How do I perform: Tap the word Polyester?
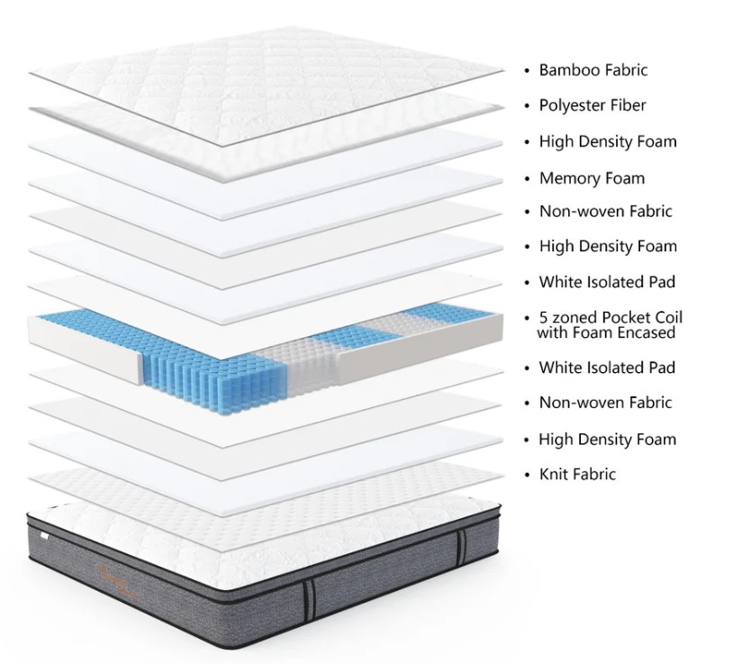(573, 105)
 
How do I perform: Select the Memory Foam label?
(592, 178)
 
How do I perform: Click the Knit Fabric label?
(577, 474)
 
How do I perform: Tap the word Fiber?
(628, 105)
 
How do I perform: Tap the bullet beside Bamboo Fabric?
(527, 70)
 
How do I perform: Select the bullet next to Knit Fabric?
(527, 475)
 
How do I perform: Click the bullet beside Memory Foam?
(527, 179)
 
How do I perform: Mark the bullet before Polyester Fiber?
(527, 106)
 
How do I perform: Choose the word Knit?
(554, 474)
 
